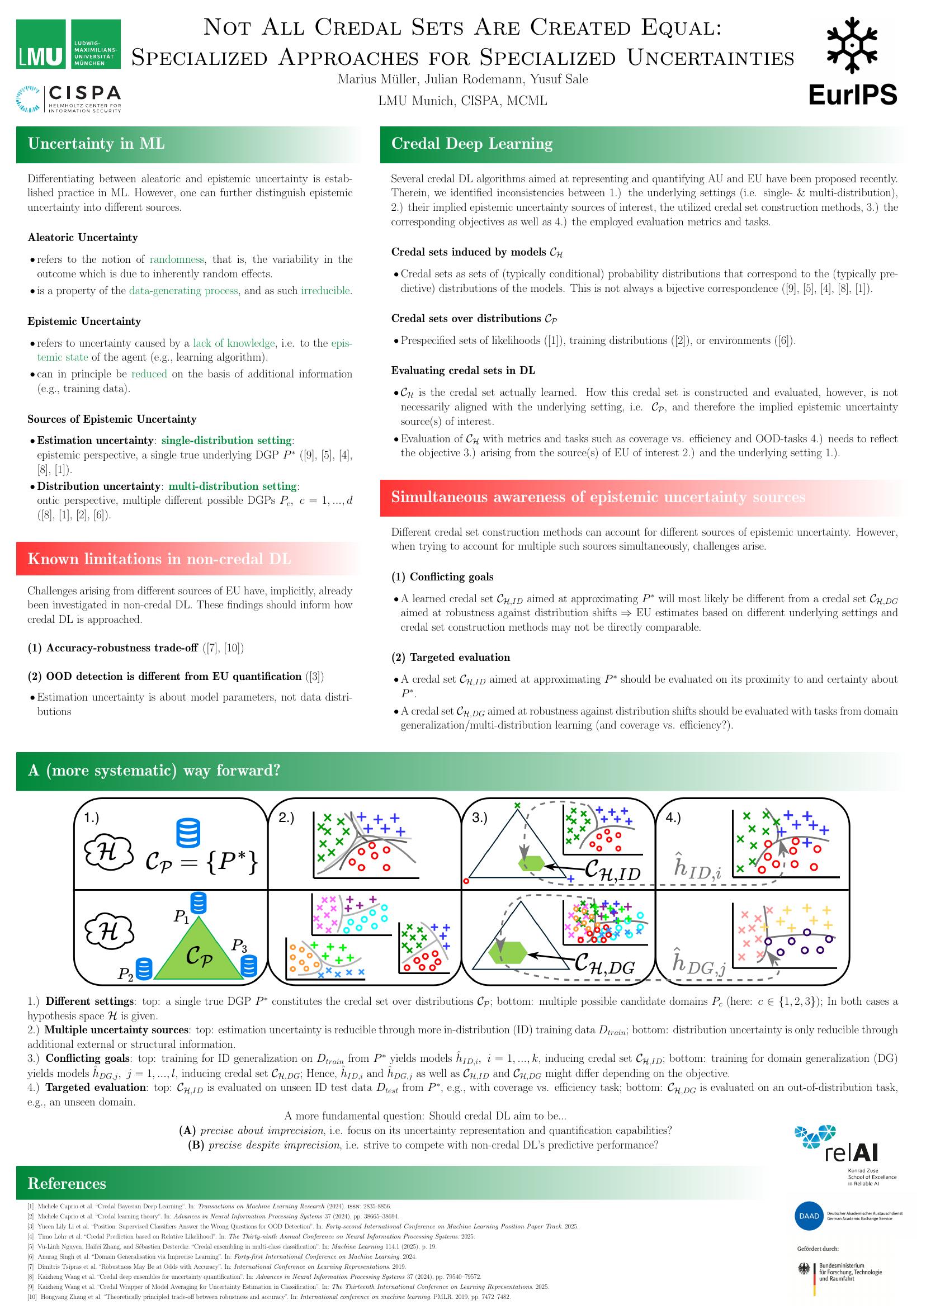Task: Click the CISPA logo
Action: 69,98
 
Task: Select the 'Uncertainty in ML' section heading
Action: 96,144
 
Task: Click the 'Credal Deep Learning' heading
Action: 471,144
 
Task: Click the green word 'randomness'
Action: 177,259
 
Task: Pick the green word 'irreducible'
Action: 325,291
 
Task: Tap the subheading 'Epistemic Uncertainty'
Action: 84,322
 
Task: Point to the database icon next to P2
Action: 145,968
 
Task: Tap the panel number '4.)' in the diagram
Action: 673,817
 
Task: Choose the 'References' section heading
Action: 67,1184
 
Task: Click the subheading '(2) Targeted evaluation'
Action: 451,658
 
